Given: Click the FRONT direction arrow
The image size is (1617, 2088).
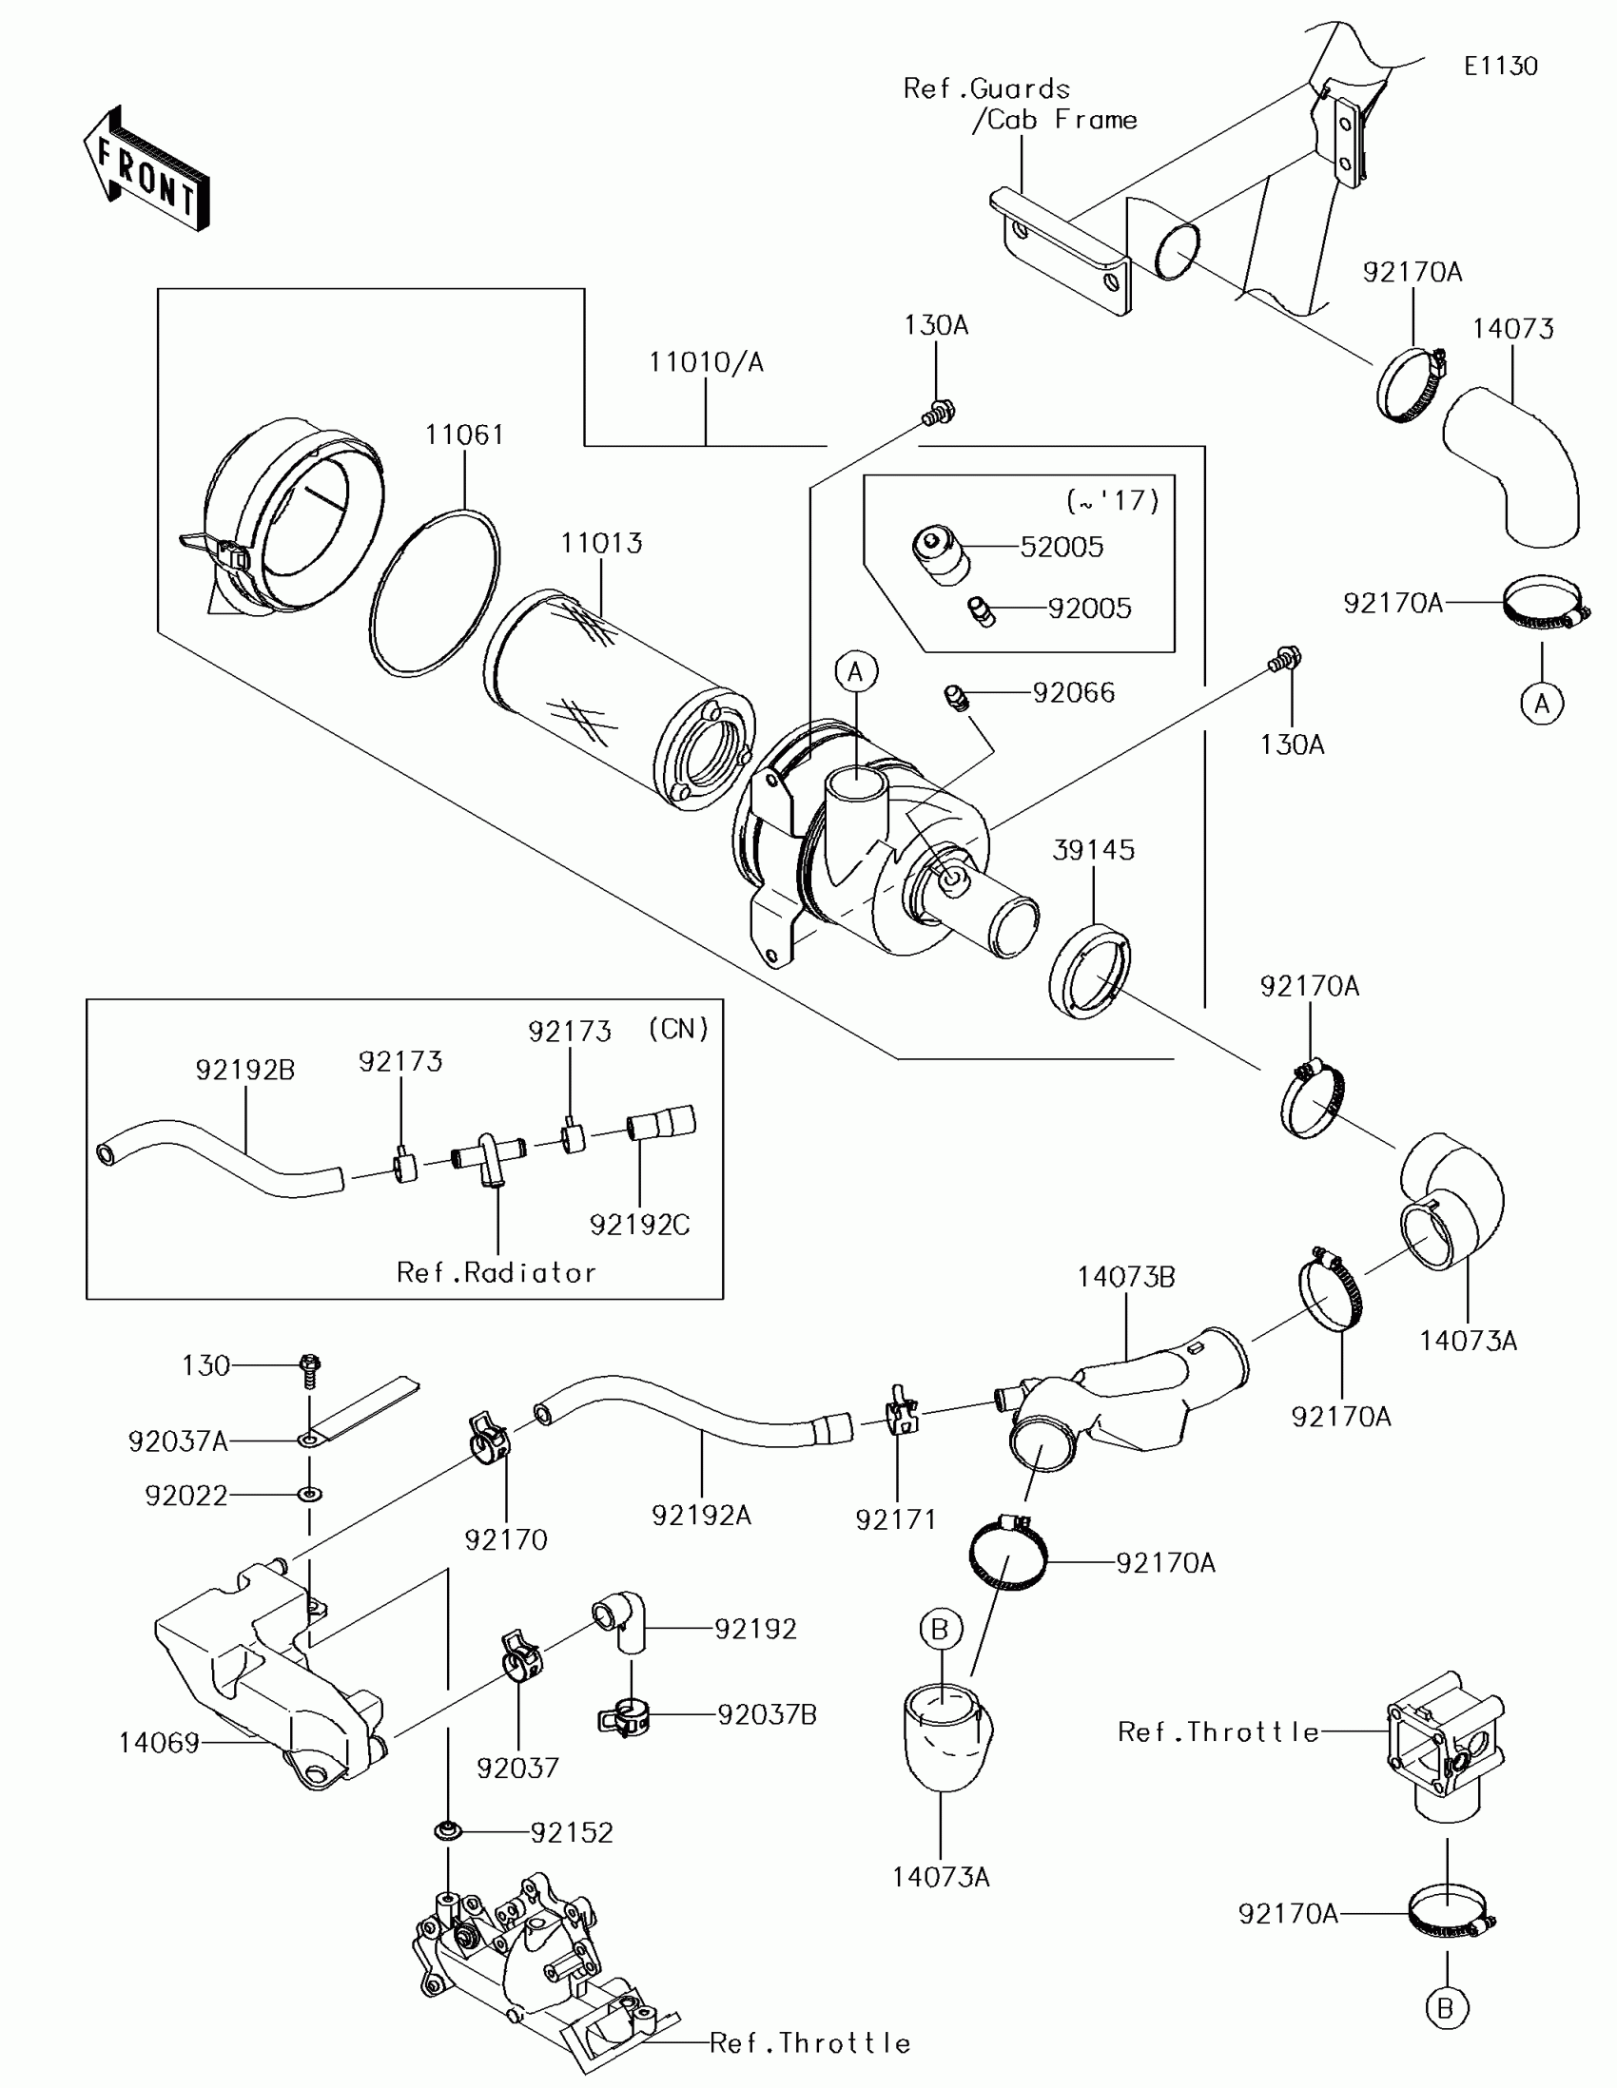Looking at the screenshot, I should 146,170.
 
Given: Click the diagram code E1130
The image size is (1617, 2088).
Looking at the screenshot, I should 1500,66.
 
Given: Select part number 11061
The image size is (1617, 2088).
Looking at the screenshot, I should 465,435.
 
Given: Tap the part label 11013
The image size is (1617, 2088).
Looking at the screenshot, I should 601,543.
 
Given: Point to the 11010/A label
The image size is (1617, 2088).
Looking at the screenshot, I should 706,362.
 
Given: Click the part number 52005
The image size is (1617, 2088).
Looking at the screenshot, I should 1062,547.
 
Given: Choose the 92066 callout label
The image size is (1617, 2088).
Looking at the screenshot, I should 1074,692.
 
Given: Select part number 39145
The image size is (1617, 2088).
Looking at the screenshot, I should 1093,850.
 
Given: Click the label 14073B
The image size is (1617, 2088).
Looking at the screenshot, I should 1126,1277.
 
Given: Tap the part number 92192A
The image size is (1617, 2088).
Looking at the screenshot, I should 701,1516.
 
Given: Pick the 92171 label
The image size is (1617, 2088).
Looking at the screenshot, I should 896,1520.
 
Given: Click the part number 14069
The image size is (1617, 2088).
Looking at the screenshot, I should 159,1743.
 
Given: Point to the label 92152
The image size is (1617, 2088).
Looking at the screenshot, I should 572,1833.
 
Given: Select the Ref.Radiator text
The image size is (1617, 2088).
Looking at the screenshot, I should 497,1272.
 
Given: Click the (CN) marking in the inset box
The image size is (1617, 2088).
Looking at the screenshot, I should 678,1029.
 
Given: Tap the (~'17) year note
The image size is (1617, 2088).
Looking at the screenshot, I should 1112,500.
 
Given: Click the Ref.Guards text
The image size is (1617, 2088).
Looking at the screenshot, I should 985,89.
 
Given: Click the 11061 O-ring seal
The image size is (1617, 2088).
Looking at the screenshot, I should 433,594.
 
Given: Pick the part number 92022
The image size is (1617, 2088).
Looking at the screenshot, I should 185,1496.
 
